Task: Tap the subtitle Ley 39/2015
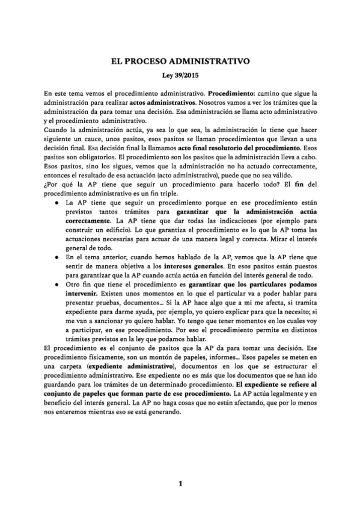pos(179,76)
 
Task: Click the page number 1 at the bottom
pos(179,484)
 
